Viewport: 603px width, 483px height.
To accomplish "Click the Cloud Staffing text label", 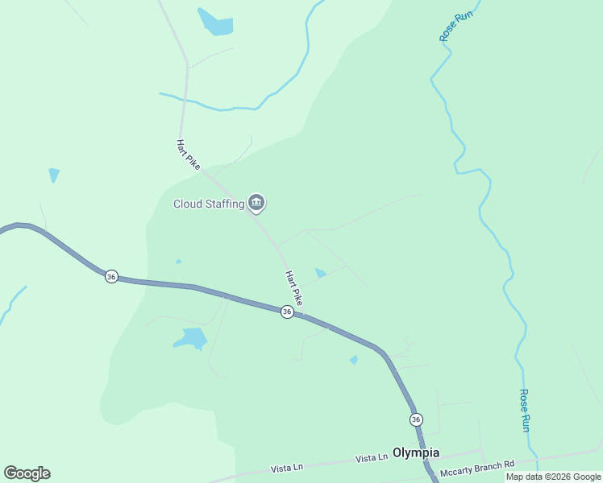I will pos(209,204).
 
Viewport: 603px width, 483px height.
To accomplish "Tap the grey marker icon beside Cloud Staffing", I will pos(256,203).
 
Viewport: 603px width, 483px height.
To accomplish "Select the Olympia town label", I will pos(416,452).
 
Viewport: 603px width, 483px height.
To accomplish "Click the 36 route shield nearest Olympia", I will pos(416,419).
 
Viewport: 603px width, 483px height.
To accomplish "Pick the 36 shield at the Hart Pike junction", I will pos(287,312).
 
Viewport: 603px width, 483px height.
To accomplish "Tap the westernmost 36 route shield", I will pos(111,276).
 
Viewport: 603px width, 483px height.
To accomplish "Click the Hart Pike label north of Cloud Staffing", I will pos(188,154).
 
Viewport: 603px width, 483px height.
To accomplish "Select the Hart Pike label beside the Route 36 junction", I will pos(294,288).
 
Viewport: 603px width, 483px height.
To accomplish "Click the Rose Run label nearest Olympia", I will pos(524,411).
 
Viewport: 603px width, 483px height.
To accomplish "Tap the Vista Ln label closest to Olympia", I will pos(372,458).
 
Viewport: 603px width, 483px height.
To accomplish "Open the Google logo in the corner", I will pos(27,473).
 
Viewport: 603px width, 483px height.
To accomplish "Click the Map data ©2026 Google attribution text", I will pos(553,477).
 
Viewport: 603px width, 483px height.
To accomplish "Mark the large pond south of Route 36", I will pos(192,339).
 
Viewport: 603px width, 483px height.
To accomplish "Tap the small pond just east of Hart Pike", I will pos(320,274).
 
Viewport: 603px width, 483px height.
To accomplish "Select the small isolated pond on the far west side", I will pos(54,174).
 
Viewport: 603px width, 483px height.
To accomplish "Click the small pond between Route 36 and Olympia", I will pos(354,360).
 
